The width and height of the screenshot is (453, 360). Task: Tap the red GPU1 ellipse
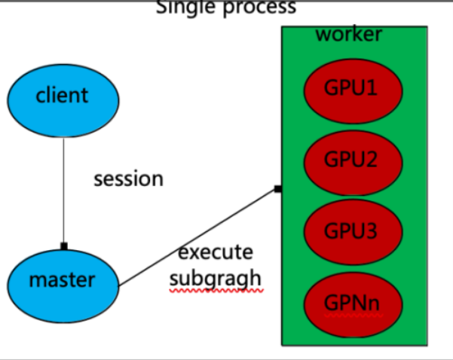point(351,89)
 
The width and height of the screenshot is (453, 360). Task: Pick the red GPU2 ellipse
point(351,160)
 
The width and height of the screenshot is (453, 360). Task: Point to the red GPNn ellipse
point(351,303)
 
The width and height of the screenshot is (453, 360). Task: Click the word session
point(128,179)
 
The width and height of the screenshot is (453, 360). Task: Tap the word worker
point(348,35)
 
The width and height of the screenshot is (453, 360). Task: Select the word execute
point(216,252)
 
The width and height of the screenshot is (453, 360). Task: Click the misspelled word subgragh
point(216,278)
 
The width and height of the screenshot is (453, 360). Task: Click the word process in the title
point(259,8)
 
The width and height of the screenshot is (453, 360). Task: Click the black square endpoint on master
point(64,246)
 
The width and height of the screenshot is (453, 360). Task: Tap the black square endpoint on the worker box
point(278,188)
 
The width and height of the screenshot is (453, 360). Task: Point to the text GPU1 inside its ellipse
point(351,87)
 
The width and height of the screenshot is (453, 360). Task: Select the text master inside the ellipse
point(62,280)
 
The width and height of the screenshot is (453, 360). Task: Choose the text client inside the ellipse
point(62,96)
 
